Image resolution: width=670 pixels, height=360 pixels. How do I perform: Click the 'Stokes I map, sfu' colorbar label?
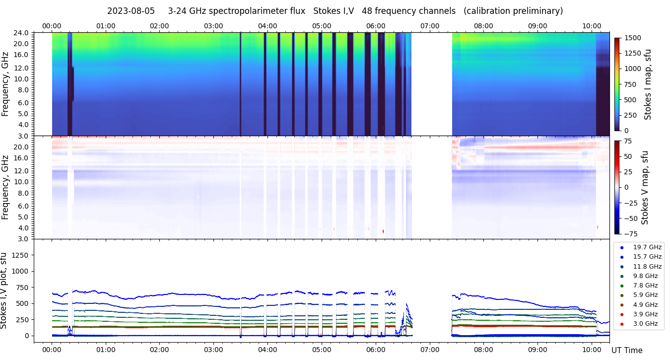(648, 84)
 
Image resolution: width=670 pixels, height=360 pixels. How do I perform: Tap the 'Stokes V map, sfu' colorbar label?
(645, 187)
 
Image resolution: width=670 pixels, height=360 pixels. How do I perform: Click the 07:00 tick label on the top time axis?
(429, 26)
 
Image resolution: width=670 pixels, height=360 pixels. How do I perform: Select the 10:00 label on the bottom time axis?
(591, 350)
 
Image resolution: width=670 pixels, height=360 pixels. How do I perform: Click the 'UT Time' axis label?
(627, 350)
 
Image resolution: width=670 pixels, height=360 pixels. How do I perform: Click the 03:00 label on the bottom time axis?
(213, 350)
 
